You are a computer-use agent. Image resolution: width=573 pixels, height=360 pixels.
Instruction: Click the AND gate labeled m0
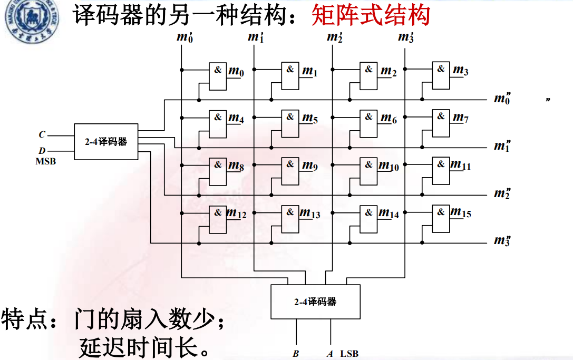218,76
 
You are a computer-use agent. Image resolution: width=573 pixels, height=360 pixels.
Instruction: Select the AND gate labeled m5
290,123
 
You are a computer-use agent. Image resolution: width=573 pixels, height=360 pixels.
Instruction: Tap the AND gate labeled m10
368,171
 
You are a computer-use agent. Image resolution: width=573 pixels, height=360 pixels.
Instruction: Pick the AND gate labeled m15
441,219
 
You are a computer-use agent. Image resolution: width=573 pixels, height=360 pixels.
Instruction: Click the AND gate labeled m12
218,219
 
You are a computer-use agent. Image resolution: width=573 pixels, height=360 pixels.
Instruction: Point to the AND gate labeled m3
441,76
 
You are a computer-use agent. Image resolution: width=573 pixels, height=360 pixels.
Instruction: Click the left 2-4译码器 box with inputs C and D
106,142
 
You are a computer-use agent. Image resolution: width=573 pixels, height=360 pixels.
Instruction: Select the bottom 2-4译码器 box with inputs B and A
315,302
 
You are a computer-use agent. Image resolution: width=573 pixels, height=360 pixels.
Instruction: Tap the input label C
42,134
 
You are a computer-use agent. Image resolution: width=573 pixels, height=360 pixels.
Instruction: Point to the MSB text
45,161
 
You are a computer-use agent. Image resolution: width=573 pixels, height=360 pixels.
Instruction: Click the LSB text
349,354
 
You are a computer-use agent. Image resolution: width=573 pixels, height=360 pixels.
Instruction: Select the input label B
295,354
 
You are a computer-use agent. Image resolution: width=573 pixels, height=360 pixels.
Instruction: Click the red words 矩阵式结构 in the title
371,16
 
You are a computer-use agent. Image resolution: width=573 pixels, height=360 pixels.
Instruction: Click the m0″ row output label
502,98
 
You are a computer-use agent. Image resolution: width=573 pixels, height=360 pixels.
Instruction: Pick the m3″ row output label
502,241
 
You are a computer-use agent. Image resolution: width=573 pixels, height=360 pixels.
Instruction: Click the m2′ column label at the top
335,37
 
